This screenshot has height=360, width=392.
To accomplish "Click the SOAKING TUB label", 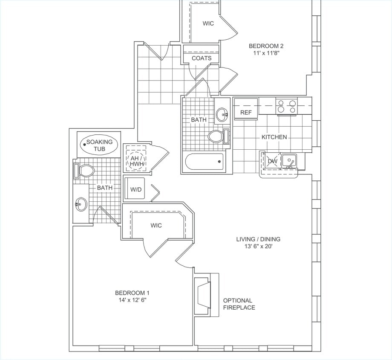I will coord(99,145).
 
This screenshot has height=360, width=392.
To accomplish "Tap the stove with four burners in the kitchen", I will coord(286,106).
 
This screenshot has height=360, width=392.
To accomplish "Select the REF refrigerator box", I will coord(246,113).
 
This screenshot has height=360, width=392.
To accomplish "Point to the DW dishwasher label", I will coord(272,161).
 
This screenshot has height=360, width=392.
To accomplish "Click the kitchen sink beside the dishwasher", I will coord(291,161).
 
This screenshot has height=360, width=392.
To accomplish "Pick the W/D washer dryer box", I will coord(135,189).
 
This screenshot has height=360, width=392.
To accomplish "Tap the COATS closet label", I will coord(202,58).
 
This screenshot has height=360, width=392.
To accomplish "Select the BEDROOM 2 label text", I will coord(266,46).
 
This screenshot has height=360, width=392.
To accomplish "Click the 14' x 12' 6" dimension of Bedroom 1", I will coord(132,300).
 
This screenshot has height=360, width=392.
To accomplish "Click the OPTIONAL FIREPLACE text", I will coord(239,304).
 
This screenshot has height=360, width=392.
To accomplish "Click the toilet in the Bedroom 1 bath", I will coord(85,171).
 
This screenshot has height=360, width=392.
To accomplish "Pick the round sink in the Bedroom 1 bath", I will coord(81,204).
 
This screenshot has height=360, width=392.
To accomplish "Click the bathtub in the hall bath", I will coord(205,162).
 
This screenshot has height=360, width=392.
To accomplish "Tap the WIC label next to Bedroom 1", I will coord(156,225).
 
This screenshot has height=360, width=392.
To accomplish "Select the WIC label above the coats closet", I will coord(208,23).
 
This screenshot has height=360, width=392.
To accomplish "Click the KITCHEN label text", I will coord(274,137).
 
